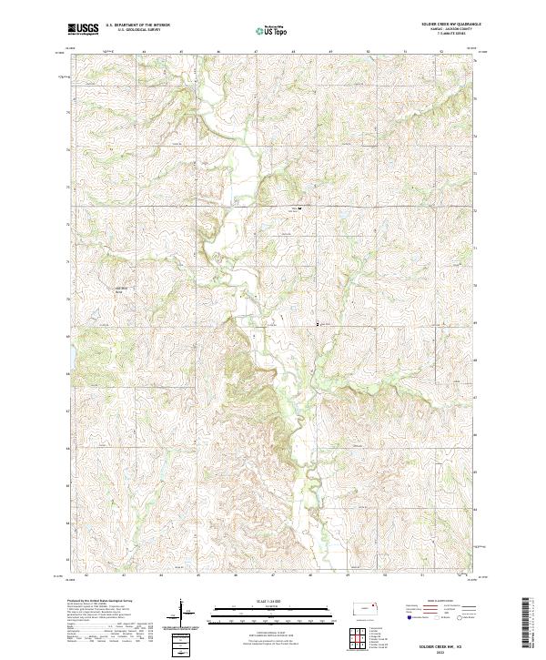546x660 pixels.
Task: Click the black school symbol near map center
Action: click(x=299, y=208)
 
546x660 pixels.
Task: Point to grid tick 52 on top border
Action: click(x=441, y=52)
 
